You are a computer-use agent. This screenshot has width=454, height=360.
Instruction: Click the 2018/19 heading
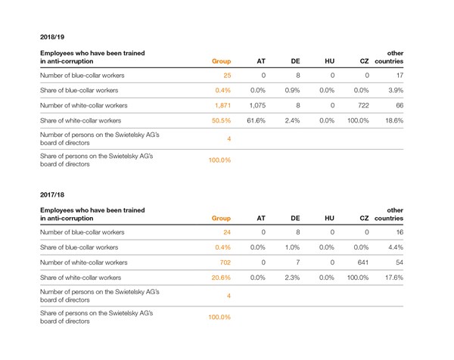pyautogui.click(x=52, y=37)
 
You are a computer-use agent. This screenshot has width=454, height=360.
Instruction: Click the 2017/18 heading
pyautogui.click(x=52, y=195)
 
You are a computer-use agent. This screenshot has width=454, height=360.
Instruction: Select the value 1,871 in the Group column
pyautogui.click(x=222, y=105)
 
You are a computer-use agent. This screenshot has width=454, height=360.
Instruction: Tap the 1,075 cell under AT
pyautogui.click(x=257, y=105)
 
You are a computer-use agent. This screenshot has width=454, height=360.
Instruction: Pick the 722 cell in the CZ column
pyautogui.click(x=363, y=105)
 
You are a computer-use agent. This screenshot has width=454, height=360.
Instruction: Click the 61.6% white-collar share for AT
pyautogui.click(x=256, y=120)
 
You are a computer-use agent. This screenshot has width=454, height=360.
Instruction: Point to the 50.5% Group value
pyautogui.click(x=221, y=120)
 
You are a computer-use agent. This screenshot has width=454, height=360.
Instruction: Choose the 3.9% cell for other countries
pyautogui.click(x=396, y=90)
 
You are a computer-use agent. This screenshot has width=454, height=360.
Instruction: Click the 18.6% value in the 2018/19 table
pyautogui.click(x=394, y=120)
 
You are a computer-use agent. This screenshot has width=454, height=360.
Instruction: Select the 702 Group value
pyautogui.click(x=225, y=262)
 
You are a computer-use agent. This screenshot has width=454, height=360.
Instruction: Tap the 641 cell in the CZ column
pyautogui.click(x=363, y=262)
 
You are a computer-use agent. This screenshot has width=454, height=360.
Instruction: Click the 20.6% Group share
pyautogui.click(x=221, y=278)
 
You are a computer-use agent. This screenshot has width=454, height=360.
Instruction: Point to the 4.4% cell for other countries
pyautogui.click(x=396, y=247)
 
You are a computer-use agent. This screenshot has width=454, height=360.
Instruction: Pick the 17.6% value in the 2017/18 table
pyautogui.click(x=394, y=278)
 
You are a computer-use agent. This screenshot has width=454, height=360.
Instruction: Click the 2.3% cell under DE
pyautogui.click(x=292, y=278)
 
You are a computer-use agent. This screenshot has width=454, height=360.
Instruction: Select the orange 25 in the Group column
pyautogui.click(x=227, y=76)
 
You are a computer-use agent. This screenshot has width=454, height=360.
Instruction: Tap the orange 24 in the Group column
pyautogui.click(x=227, y=232)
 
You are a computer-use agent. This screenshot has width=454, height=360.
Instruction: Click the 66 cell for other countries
pyautogui.click(x=400, y=105)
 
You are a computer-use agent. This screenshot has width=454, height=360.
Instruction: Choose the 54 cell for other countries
pyautogui.click(x=400, y=262)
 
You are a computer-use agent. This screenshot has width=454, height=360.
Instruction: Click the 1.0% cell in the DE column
pyautogui.click(x=292, y=247)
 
